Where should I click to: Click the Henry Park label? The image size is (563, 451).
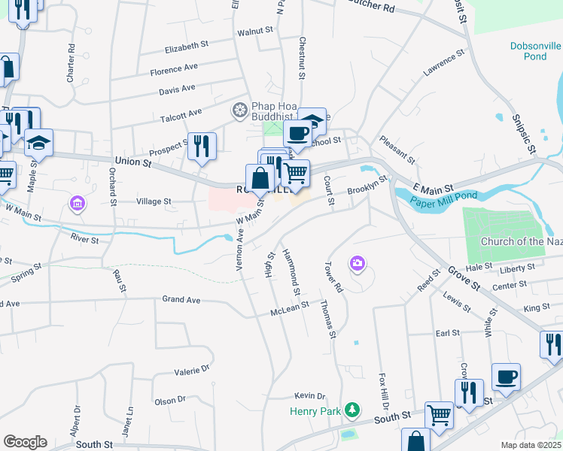pyautogui.click(x=315, y=411)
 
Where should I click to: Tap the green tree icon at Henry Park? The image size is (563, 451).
pyautogui.click(x=351, y=410)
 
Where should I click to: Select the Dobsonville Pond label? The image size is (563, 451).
pyautogui.click(x=536, y=51)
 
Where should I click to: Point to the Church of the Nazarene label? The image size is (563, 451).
pyautogui.click(x=521, y=241)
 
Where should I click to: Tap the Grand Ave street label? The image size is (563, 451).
pyautogui.click(x=181, y=299)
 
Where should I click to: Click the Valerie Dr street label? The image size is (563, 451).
pyautogui.click(x=192, y=369)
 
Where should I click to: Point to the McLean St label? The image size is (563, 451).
pyautogui.click(x=291, y=307)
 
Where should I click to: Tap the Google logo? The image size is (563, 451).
pyautogui.click(x=25, y=442)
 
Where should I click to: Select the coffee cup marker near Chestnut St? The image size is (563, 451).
pyautogui.click(x=297, y=134)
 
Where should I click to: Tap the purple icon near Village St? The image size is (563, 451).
pyautogui.click(x=76, y=203)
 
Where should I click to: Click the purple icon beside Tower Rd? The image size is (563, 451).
pyautogui.click(x=358, y=263)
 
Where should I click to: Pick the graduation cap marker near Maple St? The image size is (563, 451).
pyautogui.click(x=38, y=142)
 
